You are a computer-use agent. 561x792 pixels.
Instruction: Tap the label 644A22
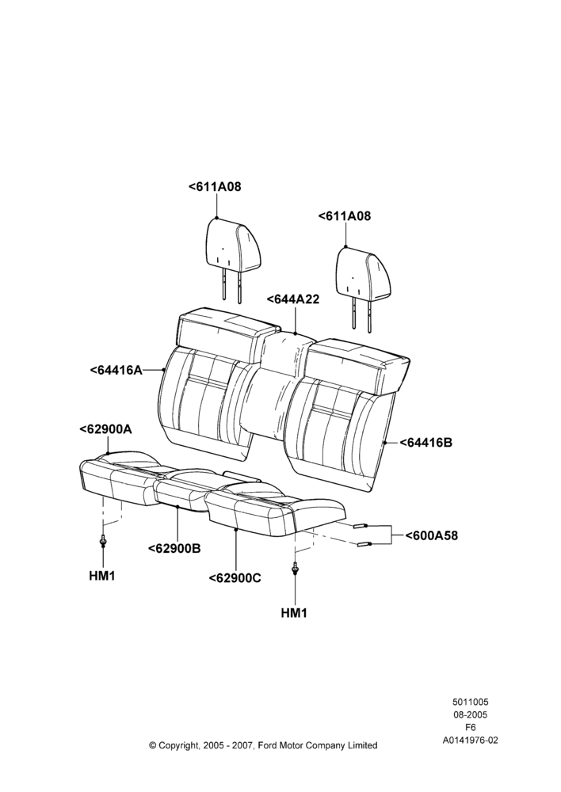pos(293,299)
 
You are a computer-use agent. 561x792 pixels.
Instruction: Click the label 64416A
pos(116,370)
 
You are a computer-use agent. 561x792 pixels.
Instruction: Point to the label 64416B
pos(426,443)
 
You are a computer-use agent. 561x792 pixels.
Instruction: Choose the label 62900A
pos(105,429)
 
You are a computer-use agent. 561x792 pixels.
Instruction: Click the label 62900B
pos(174,548)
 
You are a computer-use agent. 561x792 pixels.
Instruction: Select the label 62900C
pos(235,577)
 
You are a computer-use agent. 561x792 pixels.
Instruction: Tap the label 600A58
pos(432,535)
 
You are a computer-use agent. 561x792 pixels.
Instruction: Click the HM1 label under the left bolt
pos(102,575)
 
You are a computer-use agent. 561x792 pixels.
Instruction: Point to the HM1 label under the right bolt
pos(294,613)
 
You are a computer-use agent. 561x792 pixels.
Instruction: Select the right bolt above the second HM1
pos(294,569)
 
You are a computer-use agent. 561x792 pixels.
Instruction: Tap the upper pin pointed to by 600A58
pos(360,526)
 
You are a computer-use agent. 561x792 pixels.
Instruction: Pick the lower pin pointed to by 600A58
pos(364,544)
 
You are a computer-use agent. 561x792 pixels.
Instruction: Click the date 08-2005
pos(470,714)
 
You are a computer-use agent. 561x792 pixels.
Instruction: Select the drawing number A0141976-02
pos(470,741)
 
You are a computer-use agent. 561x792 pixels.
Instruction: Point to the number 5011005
pos(470,702)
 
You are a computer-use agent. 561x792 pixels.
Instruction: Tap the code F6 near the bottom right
pos(470,728)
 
